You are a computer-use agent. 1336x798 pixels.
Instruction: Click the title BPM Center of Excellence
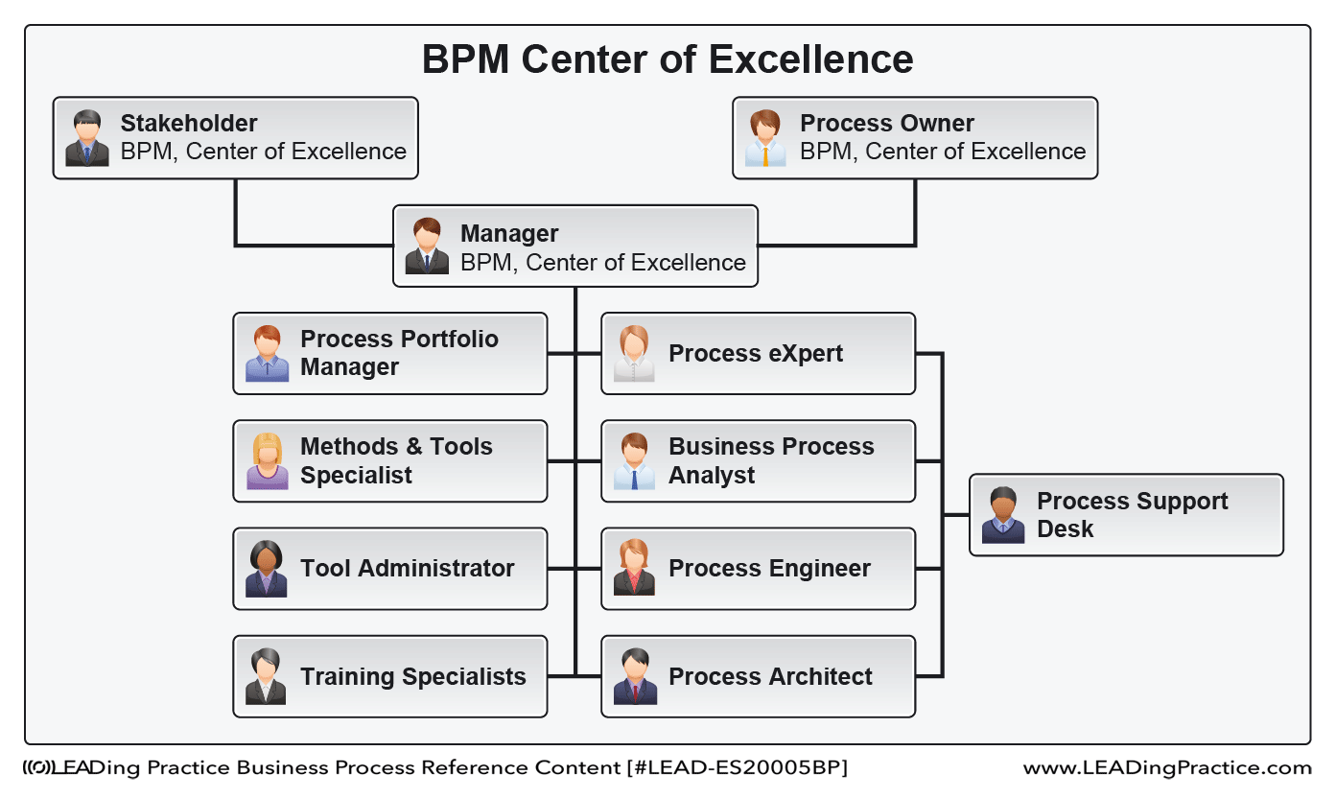click(x=668, y=59)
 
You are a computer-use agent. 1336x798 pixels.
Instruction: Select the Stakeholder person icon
click(x=86, y=138)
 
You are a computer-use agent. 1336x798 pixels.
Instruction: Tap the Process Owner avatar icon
click(x=765, y=138)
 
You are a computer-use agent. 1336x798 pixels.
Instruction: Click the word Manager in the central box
click(x=509, y=233)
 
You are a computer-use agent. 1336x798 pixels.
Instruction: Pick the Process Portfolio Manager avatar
click(x=267, y=353)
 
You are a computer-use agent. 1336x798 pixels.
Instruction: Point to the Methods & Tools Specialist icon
click(x=267, y=461)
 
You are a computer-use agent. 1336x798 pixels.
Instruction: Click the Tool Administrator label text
click(x=408, y=568)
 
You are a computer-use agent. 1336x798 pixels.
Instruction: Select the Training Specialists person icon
click(x=266, y=676)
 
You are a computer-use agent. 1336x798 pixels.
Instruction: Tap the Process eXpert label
click(x=756, y=353)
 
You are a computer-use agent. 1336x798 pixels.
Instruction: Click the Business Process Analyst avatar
click(x=634, y=461)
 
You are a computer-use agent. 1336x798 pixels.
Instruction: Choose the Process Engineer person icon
click(x=634, y=568)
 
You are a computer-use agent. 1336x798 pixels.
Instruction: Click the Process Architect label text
click(x=770, y=676)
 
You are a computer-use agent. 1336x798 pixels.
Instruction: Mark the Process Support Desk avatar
click(x=1003, y=515)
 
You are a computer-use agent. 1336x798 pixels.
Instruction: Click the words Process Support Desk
click(x=1132, y=515)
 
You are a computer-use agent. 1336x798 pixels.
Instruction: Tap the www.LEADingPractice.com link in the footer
click(x=1167, y=768)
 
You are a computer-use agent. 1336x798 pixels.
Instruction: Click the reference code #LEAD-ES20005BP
click(x=738, y=768)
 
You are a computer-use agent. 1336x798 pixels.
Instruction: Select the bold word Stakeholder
click(x=189, y=124)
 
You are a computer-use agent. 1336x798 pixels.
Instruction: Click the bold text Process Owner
click(x=887, y=124)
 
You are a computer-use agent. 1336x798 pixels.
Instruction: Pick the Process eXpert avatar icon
click(x=634, y=353)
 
